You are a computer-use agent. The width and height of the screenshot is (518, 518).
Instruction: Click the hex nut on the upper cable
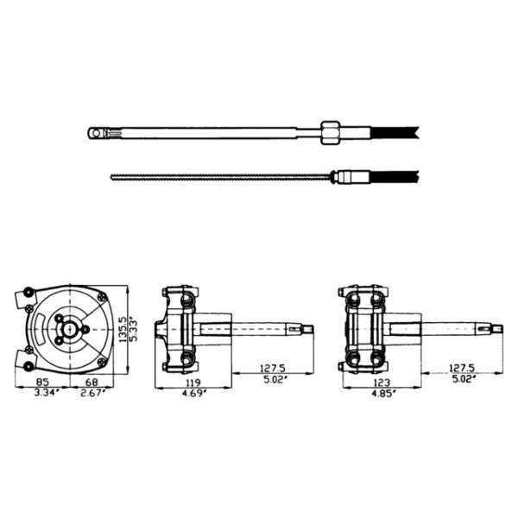coord(328,132)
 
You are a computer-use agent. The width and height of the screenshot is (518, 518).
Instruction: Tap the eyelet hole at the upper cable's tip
coord(94,132)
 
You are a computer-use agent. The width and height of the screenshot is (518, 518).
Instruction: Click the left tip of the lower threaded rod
coord(113,178)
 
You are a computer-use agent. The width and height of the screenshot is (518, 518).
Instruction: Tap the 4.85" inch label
coord(381,394)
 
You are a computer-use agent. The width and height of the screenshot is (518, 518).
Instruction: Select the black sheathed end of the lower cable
coord(394,178)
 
